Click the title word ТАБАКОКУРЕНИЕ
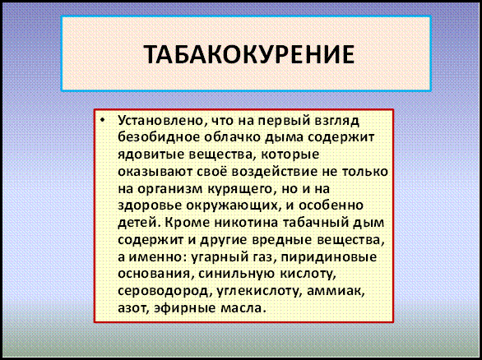click(x=249, y=55)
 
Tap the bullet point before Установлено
click(x=102, y=120)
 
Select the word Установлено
click(x=160, y=121)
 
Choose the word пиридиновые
click(x=329, y=257)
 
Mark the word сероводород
click(x=163, y=292)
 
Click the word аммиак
click(x=336, y=291)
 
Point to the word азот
click(x=134, y=308)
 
